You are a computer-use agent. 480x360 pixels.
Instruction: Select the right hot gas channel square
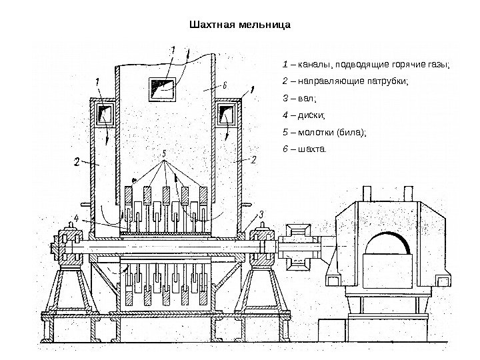(227, 113)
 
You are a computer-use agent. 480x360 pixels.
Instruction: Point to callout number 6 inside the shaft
(225, 85)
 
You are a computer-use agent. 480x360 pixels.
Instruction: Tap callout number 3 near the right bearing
(261, 213)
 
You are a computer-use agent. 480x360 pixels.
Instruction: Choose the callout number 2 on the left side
(76, 161)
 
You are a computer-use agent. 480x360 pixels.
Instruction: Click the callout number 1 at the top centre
(174, 49)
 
